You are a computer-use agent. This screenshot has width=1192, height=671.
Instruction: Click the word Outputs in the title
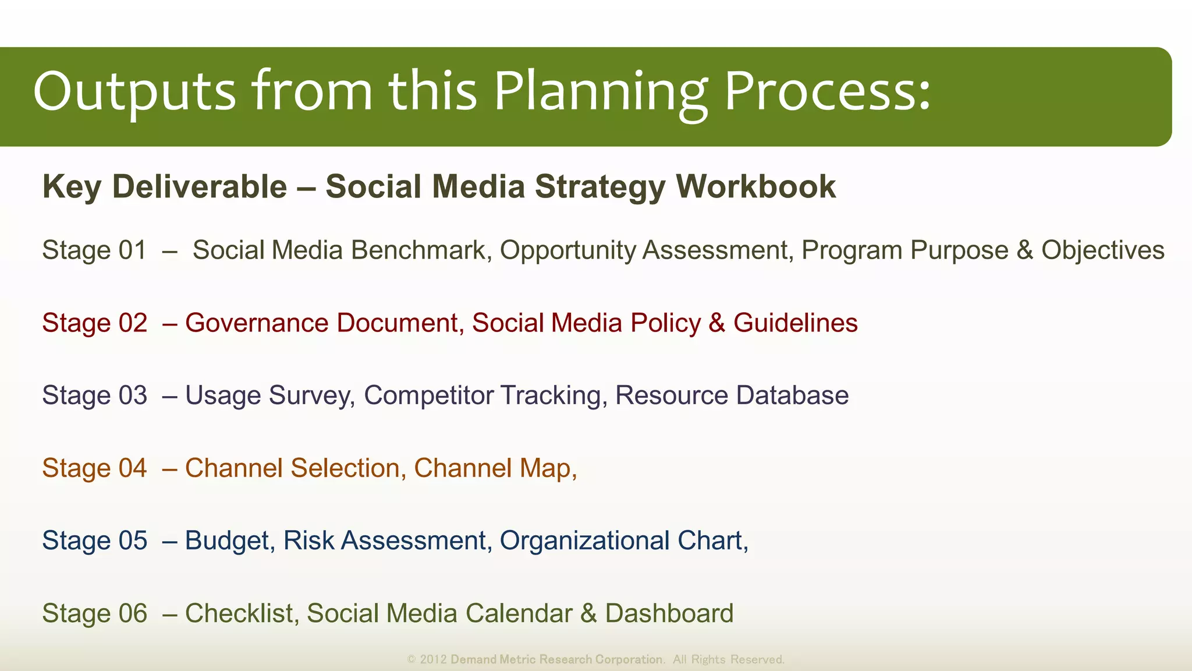click(x=134, y=92)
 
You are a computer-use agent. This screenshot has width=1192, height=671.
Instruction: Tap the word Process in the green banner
click(x=826, y=92)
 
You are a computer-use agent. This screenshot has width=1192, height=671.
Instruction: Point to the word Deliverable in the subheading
click(x=200, y=187)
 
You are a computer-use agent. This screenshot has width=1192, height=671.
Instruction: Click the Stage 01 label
click(x=94, y=250)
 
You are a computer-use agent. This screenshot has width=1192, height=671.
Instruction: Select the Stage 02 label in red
click(x=94, y=323)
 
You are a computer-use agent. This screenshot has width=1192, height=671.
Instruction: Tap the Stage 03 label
click(x=94, y=395)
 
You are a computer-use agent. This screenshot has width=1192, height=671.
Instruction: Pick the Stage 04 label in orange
click(x=94, y=468)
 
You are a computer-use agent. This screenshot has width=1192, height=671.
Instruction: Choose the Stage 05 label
click(x=94, y=541)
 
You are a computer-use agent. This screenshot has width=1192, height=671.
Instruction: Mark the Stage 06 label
click(x=94, y=613)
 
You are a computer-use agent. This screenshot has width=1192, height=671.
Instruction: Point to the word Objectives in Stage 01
click(x=1102, y=250)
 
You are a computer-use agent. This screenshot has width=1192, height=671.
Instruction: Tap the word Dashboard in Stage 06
click(x=669, y=613)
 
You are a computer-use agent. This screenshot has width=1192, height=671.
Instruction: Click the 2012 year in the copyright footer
click(x=433, y=659)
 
